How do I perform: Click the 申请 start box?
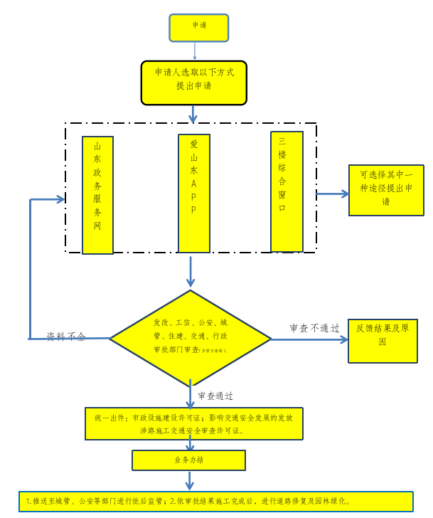tap(199, 26)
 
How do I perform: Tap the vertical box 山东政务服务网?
tap(97, 195)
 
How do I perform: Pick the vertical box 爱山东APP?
tap(193, 193)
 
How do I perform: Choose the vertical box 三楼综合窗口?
tap(287, 191)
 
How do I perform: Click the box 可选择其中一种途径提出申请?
tap(385, 190)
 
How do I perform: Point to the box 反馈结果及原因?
tap(382, 341)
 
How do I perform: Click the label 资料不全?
tap(65, 337)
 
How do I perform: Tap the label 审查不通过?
tap(314, 328)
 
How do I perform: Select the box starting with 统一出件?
tap(193, 423)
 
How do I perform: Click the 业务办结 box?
tap(189, 460)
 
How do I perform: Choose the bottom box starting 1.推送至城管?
tap(216, 501)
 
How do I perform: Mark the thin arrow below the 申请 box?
tap(195, 51)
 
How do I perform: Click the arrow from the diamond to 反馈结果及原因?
tap(309, 339)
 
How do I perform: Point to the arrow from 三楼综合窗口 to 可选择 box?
tap(332, 193)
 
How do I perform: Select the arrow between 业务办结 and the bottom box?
tap(189, 480)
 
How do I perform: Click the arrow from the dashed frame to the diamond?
tap(191, 272)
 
